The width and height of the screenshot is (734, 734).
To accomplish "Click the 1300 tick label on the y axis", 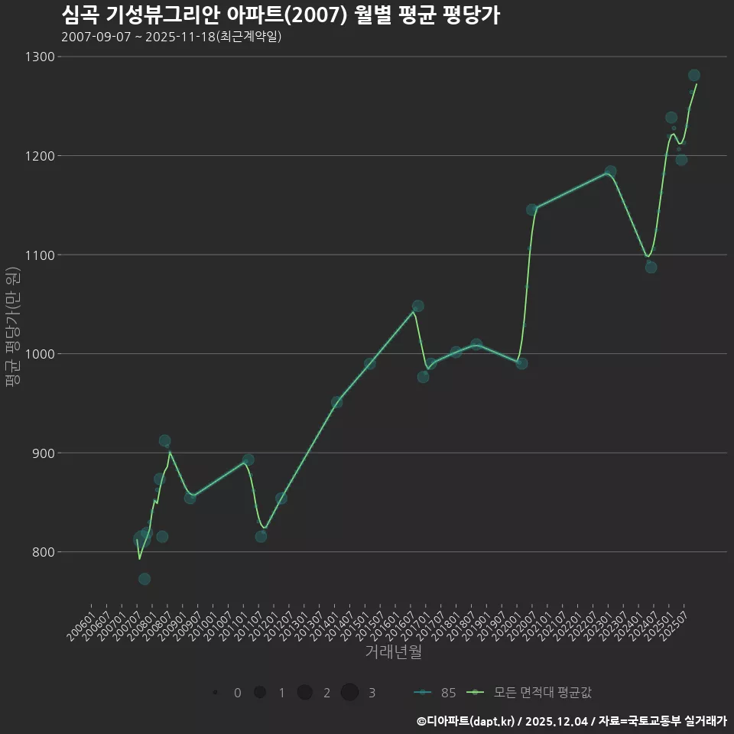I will coord(39,57).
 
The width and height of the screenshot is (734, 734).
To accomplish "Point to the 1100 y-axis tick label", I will coord(39,255).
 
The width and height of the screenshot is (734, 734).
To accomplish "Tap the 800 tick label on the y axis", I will coord(42,552).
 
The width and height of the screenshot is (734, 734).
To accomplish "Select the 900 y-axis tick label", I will coord(42,453).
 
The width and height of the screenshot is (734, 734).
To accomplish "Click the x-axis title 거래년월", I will coord(393,652).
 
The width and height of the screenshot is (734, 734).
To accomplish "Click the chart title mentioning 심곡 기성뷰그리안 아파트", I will coord(280,15).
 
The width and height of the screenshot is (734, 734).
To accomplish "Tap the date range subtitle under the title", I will coord(171,37).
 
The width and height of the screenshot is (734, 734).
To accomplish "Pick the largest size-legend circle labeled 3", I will coord(350,693).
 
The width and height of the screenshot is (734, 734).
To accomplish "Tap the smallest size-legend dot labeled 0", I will coord(216,693).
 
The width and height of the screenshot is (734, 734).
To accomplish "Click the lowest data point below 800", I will coord(145,579).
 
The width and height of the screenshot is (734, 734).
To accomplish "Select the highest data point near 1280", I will coord(694,75).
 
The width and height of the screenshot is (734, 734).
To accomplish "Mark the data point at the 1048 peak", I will coord(417,306).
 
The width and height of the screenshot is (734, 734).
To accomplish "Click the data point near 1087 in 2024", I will coord(651,267).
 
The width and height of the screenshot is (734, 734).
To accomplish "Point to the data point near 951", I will coord(336,402).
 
